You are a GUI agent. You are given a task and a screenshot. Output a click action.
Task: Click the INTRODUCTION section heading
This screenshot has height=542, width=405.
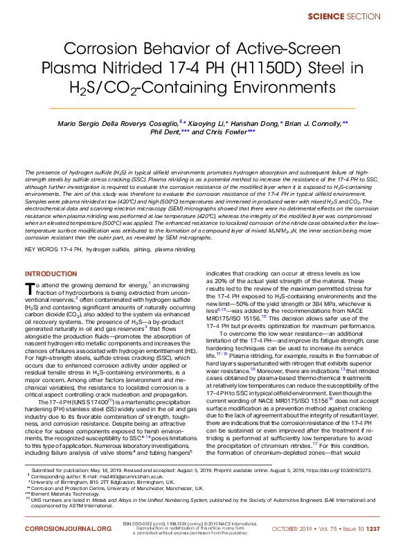52,274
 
